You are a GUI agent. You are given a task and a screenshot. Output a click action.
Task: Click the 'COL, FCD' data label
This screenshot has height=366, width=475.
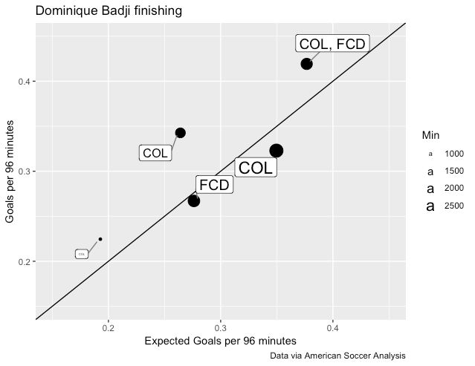(332, 44)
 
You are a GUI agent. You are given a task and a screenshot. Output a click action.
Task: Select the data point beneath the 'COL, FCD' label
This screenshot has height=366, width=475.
(306, 64)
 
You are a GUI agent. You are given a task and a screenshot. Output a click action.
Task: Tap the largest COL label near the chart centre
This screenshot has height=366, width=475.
(256, 168)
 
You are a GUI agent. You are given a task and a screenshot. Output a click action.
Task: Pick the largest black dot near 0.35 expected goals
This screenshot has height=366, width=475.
(276, 151)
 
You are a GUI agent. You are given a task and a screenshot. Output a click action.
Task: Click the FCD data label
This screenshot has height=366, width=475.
(214, 185)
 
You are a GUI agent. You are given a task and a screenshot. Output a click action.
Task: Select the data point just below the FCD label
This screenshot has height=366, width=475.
(194, 200)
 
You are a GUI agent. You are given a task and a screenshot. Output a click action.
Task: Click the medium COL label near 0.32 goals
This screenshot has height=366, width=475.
(155, 154)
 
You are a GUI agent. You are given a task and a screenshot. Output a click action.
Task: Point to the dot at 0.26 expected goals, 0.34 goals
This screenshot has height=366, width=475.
(180, 133)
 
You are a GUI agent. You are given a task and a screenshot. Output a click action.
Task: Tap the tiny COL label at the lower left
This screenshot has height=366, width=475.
(82, 254)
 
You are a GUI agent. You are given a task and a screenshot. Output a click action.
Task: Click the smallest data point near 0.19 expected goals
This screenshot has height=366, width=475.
(100, 239)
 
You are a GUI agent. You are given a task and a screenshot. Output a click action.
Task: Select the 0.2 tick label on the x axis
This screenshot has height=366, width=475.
(109, 328)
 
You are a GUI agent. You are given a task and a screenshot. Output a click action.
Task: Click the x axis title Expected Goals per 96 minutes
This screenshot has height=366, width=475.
(220, 342)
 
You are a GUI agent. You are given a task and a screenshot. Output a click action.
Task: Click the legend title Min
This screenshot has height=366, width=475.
(430, 135)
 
